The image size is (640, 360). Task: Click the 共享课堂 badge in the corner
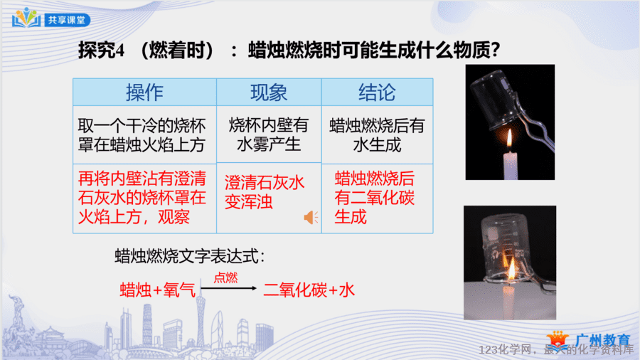(x=68, y=20)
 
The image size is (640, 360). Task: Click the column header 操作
(x=144, y=92)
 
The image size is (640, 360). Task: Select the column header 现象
(x=269, y=92)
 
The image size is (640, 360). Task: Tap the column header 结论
(x=377, y=92)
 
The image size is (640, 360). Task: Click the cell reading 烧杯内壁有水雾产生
(x=269, y=134)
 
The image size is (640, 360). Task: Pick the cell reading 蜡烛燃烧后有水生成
(x=377, y=135)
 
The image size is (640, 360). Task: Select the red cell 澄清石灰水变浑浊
(x=265, y=192)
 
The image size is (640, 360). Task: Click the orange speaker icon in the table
(x=311, y=218)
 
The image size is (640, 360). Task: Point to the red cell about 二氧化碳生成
(x=374, y=198)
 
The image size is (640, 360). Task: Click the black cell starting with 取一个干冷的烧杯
(x=142, y=135)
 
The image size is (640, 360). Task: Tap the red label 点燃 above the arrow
(x=225, y=278)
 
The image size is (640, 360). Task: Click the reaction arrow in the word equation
(x=228, y=288)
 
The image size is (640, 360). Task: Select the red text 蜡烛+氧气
(x=158, y=290)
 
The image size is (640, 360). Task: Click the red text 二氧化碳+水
(x=309, y=290)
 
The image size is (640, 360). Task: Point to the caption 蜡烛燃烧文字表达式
(x=190, y=257)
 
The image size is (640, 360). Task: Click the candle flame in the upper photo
(x=509, y=139)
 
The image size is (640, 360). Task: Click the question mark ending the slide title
(x=495, y=51)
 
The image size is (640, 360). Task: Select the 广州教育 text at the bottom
(x=602, y=340)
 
